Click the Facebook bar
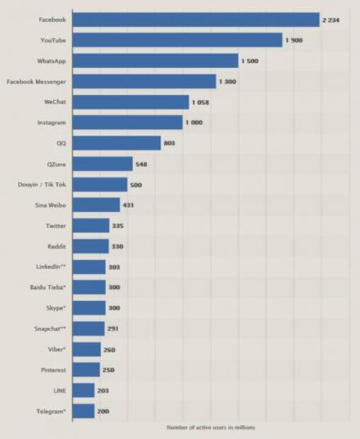196,20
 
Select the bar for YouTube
178,40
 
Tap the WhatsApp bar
156,61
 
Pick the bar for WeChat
131,102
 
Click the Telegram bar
83,411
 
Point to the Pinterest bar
86,370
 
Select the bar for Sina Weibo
96,205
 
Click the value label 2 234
332,20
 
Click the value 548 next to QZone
141,164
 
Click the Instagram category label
52,122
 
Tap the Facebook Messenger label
36,81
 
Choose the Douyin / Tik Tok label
42,185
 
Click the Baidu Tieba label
50,287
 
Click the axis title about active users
211,428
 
